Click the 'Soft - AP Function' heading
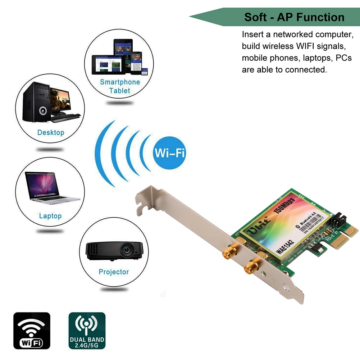click(294, 17)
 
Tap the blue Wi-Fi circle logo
click(169, 152)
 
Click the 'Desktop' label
click(51, 132)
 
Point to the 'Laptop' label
click(50, 216)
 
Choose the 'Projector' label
click(114, 272)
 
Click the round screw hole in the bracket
click(286, 288)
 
